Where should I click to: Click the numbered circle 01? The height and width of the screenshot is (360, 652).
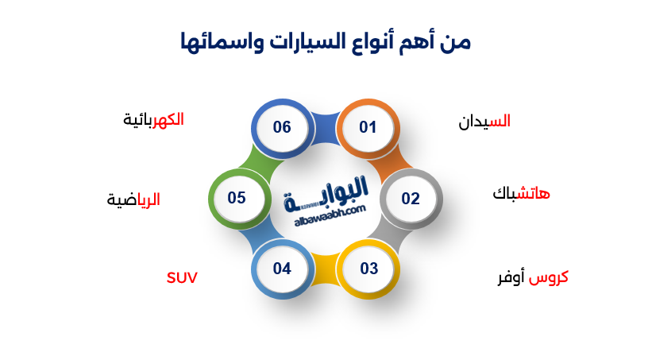367,128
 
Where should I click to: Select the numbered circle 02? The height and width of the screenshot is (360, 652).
411,199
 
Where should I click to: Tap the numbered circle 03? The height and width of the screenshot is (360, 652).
369,269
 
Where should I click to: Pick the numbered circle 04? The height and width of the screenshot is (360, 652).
282,269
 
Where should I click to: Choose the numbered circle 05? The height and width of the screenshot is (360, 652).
237,198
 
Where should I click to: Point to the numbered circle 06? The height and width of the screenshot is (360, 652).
282,128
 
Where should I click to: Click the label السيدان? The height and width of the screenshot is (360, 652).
484,122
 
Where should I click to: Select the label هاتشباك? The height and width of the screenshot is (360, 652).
521,194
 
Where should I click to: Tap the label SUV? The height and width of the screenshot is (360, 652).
182,277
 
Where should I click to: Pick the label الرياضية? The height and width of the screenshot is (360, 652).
133,199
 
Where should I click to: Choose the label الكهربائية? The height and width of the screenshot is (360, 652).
153,119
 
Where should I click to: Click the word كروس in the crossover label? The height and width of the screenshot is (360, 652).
549,278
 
